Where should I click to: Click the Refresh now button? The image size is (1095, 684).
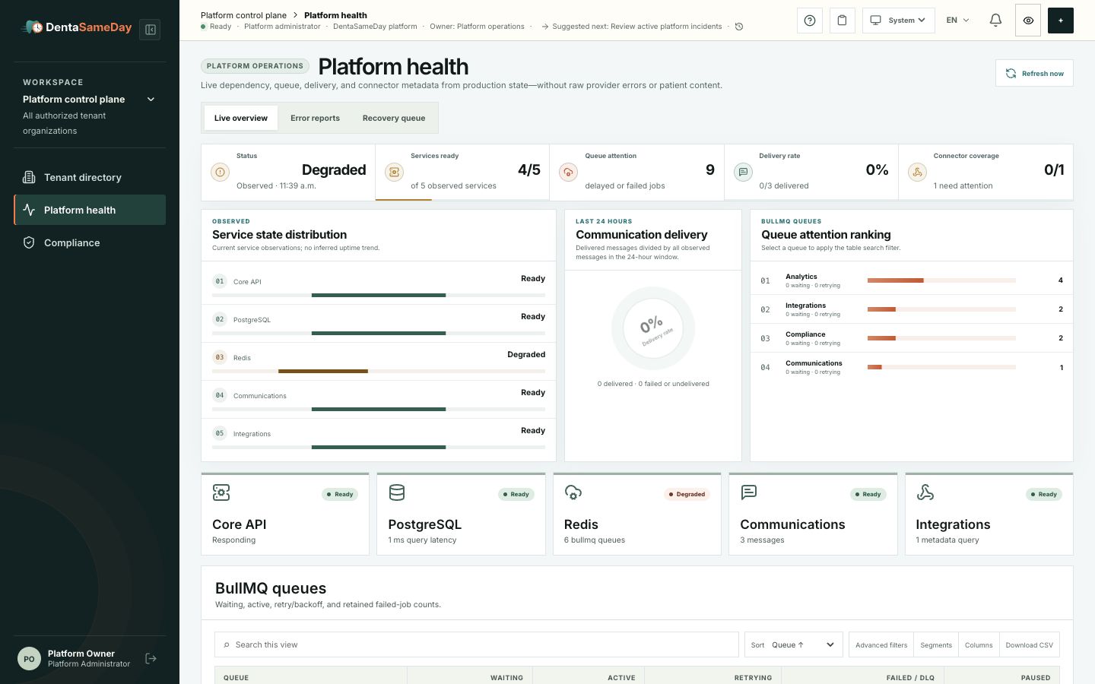pyautogui.click(x=1034, y=73)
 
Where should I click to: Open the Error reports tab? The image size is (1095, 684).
pyautogui.click(x=315, y=118)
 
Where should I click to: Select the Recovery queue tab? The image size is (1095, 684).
pyautogui.click(x=394, y=118)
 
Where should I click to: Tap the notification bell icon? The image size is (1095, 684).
pyautogui.click(x=995, y=20)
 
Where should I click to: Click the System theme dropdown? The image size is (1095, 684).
pyautogui.click(x=899, y=20)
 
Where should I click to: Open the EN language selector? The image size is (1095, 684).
pyautogui.click(x=957, y=20)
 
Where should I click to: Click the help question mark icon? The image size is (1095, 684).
pyautogui.click(x=810, y=20)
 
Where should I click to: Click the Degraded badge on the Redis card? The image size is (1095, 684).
pyautogui.click(x=687, y=494)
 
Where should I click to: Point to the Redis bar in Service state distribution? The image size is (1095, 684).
pyautogui.click(x=323, y=372)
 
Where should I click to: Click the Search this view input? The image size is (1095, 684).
pyautogui.click(x=477, y=644)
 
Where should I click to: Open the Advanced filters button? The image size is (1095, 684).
pyautogui.click(x=881, y=645)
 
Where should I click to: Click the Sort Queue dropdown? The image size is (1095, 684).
pyautogui.click(x=794, y=644)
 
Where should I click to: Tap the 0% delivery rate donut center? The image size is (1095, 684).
pyautogui.click(x=652, y=328)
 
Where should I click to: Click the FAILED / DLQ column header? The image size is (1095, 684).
pyautogui.click(x=910, y=678)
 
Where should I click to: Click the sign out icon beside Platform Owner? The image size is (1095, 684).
pyautogui.click(x=151, y=659)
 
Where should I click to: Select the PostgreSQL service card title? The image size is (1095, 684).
pyautogui.click(x=424, y=524)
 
